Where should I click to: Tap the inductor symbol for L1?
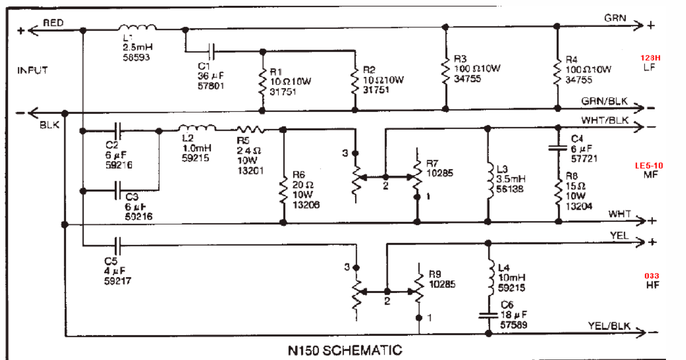click(137, 28)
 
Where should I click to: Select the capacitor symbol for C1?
click(211, 51)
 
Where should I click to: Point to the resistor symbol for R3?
click(446, 67)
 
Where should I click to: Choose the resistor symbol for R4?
click(557, 67)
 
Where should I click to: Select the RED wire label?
click(53, 22)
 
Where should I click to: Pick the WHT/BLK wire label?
click(605, 120)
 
